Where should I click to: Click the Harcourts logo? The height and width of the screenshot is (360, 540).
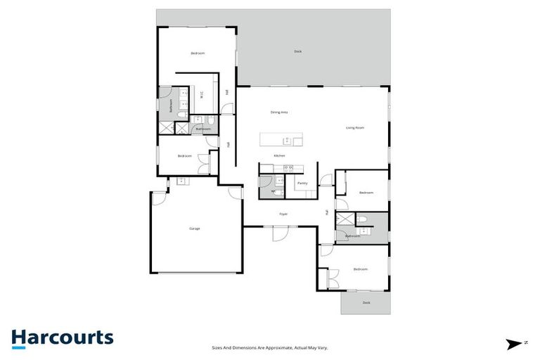pyautogui.click(x=62, y=337)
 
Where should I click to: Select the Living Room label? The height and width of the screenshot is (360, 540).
pyautogui.click(x=355, y=128)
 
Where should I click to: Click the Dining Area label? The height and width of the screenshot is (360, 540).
pyautogui.click(x=280, y=112)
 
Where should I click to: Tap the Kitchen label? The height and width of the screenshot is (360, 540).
pyautogui.click(x=279, y=155)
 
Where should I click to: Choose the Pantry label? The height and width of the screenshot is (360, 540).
pyautogui.click(x=302, y=184)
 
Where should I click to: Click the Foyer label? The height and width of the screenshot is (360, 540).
pyautogui.click(x=283, y=214)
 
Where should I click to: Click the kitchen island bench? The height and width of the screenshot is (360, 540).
pyautogui.click(x=281, y=139)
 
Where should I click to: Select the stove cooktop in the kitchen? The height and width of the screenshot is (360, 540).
pyautogui.click(x=287, y=168)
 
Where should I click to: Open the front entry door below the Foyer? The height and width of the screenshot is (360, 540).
pyautogui.click(x=280, y=233)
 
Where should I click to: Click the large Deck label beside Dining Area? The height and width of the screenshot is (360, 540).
pyautogui.click(x=298, y=51)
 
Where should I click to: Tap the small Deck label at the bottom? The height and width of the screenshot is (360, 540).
pyautogui.click(x=366, y=302)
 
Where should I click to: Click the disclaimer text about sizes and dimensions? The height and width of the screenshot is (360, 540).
pyautogui.click(x=271, y=347)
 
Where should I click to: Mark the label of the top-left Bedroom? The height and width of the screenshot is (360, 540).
pyautogui.click(x=197, y=53)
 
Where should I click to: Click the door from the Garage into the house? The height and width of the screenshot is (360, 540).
pyautogui.click(x=160, y=196)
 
